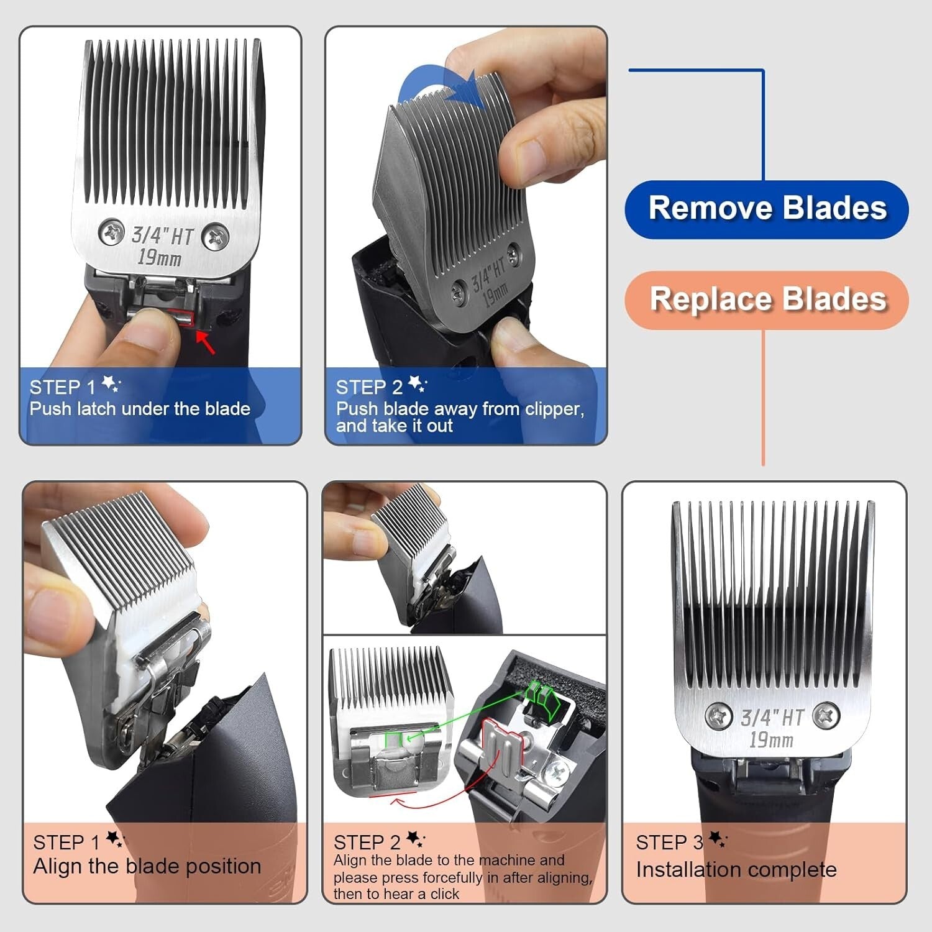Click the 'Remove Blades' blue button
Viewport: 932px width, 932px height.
point(767,209)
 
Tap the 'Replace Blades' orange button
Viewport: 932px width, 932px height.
point(767,299)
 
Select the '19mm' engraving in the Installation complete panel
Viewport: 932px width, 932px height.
point(770,740)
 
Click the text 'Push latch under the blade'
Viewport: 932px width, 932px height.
point(140,409)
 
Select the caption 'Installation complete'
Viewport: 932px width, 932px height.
point(736,869)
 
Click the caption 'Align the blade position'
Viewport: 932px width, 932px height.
point(147,866)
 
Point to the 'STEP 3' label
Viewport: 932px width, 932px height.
point(669,843)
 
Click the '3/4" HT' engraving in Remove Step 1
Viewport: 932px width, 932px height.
point(163,235)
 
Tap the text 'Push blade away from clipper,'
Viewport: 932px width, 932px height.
point(460,409)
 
